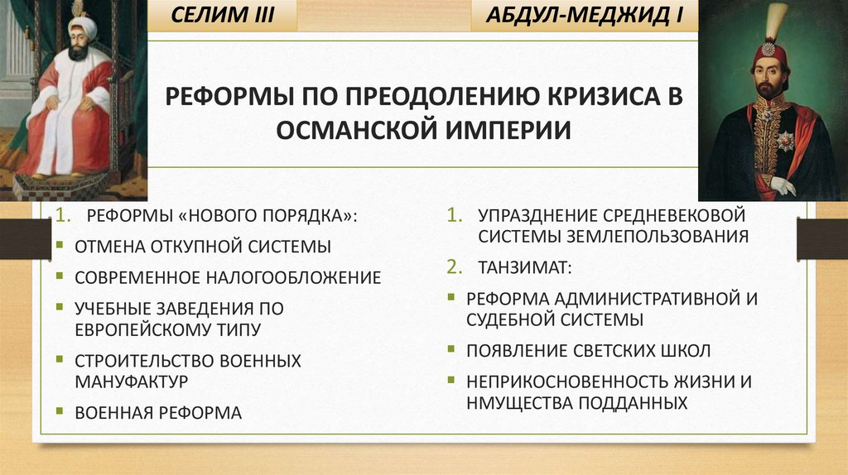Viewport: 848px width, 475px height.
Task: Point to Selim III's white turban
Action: (82, 27)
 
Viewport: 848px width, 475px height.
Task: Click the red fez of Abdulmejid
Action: (770, 54)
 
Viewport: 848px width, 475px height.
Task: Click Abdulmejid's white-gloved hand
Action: (783, 185)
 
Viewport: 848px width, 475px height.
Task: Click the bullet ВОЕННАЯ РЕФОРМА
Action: (158, 412)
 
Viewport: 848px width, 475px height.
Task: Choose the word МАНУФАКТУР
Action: (131, 381)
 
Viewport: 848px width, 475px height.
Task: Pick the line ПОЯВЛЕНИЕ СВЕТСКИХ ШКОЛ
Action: (588, 351)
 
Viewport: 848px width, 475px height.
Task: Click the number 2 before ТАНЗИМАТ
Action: (453, 267)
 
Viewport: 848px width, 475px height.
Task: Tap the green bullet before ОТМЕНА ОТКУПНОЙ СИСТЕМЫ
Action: (62, 246)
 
